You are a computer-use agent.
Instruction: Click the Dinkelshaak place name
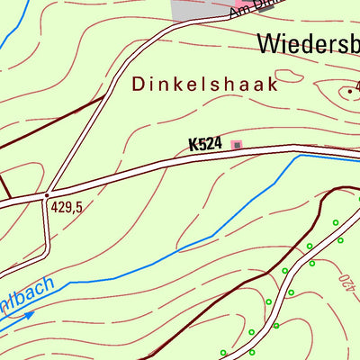click(x=204, y=84)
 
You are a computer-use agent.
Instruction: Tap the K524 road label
click(x=205, y=144)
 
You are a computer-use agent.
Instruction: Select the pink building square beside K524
click(x=237, y=144)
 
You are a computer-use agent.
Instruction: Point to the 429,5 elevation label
click(x=67, y=207)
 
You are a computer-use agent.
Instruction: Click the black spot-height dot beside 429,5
click(x=47, y=193)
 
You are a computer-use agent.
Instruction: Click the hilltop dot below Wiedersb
click(x=349, y=91)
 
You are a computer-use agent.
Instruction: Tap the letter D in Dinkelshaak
click(x=139, y=84)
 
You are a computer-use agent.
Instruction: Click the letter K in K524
click(x=193, y=144)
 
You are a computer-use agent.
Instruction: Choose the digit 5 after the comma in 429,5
click(x=79, y=207)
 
